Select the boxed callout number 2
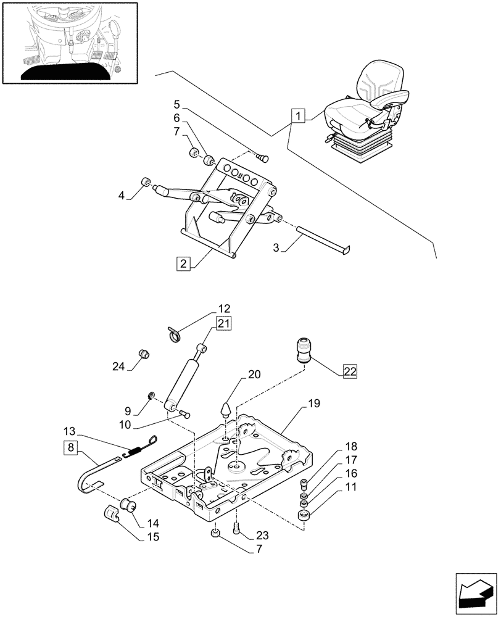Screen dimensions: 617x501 (182, 264)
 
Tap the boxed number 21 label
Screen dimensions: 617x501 (223, 323)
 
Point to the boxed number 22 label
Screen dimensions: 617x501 (350, 371)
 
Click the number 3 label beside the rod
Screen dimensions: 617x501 (276, 247)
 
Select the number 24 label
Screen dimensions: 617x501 (118, 366)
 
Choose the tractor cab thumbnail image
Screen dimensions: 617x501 (69, 42)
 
